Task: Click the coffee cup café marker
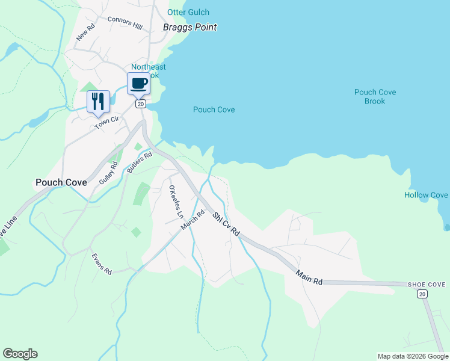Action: coord(138,84)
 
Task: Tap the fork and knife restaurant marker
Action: coord(98,101)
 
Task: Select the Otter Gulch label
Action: coord(188,13)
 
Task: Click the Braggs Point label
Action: coord(190,27)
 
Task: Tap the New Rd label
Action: coord(86,32)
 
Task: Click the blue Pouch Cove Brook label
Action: coord(375,97)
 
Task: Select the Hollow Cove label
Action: coord(426,195)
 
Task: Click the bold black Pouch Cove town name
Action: coord(61,182)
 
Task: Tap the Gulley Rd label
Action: coord(109,172)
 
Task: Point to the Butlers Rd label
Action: coord(140,162)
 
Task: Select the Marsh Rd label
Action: coord(193,220)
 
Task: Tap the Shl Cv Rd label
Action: coord(226,223)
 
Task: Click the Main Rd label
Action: coord(309,277)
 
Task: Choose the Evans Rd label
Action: coord(102,264)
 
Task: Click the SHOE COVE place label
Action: coord(426,285)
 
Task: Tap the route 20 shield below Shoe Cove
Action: coord(422,294)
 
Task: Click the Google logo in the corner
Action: coord(20,354)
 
